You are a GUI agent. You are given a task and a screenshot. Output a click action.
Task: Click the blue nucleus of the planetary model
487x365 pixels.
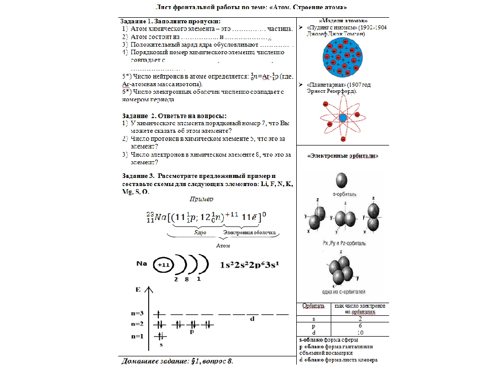point(342,118)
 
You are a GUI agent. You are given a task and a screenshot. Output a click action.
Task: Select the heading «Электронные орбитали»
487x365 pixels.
point(343,156)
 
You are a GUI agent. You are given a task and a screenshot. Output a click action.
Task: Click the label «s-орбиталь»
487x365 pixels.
point(343,194)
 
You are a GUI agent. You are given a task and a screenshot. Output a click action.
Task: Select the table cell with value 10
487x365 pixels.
point(360,332)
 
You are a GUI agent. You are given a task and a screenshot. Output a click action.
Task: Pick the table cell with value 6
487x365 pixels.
point(360,325)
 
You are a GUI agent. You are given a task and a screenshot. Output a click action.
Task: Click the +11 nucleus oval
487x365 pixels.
point(163,265)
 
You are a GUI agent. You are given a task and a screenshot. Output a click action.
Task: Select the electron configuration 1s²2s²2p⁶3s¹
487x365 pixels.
point(250,265)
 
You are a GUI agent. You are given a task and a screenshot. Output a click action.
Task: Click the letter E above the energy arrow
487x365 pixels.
point(137,289)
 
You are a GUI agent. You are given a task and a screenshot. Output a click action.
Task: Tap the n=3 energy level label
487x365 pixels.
point(137,313)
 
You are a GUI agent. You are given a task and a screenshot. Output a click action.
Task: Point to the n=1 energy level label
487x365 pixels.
point(137,336)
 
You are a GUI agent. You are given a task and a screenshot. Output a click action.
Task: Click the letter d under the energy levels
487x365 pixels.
point(252,319)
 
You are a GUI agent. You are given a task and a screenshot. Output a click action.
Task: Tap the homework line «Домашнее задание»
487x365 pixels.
point(177,360)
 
